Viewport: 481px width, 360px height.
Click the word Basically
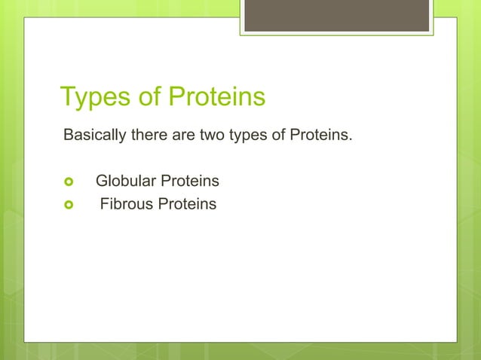[x=94, y=136]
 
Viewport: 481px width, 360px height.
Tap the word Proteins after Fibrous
[x=187, y=204]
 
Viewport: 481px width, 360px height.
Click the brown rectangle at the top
[x=336, y=15]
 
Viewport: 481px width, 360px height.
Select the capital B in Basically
[x=68, y=136]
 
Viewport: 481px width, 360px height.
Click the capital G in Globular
[x=101, y=182]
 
